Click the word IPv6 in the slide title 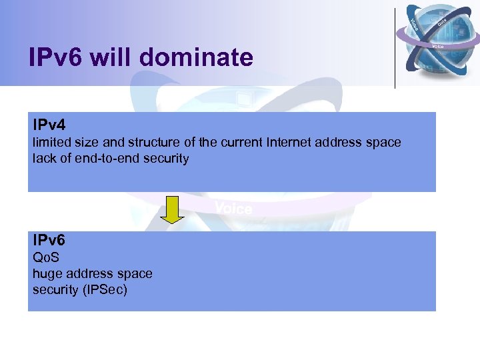point(56,58)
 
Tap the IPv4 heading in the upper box point(49,125)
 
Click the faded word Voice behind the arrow point(233,209)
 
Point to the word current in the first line point(227,143)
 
